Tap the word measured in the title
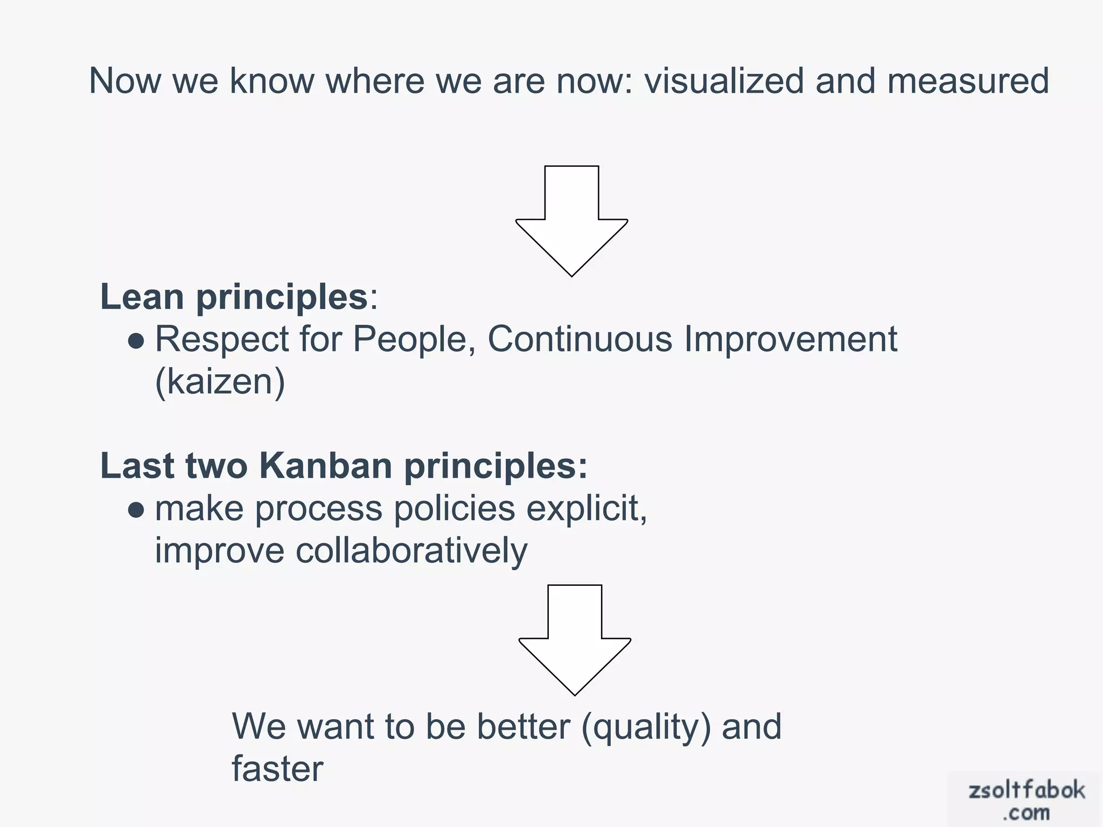tap(968, 81)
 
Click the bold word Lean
tap(142, 297)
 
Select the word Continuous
tap(580, 340)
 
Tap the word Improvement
tap(791, 340)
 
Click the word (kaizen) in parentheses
tap(220, 382)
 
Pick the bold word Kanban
tap(325, 466)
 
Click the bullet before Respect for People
tap(137, 341)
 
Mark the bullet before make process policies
tap(137, 510)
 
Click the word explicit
tap(586, 509)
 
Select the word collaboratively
tap(411, 551)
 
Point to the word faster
tap(277, 769)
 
